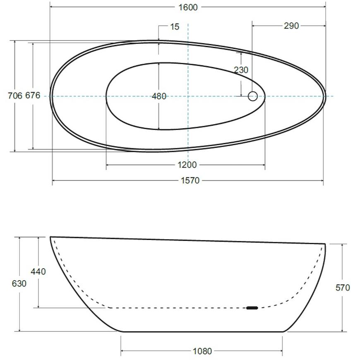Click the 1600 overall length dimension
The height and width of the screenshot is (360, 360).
click(x=188, y=7)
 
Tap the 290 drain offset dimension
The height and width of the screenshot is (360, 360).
click(x=291, y=26)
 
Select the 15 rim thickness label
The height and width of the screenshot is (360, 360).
click(x=175, y=26)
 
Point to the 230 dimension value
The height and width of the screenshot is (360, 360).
click(x=241, y=70)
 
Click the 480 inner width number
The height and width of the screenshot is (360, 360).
click(x=159, y=96)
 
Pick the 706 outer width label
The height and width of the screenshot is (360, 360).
click(x=15, y=96)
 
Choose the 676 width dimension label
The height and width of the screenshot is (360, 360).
click(x=33, y=95)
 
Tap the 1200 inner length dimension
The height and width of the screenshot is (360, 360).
click(x=187, y=165)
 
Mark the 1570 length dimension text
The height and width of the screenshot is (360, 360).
click(x=190, y=181)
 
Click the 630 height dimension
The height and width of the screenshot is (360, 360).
click(x=19, y=283)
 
